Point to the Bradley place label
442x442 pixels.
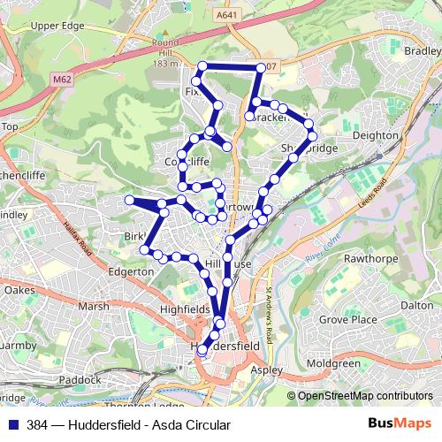(423, 51)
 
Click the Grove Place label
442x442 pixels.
(344, 317)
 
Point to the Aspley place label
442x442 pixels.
(266, 370)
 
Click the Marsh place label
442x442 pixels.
(93, 306)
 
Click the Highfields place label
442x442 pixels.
(185, 309)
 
